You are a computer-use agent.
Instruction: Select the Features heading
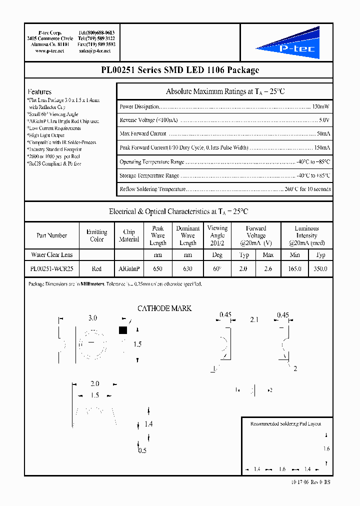39,92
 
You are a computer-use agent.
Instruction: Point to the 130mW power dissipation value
321,107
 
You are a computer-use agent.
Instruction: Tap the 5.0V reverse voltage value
324,120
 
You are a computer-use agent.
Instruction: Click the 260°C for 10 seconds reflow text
307,189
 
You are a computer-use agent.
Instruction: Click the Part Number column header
51,235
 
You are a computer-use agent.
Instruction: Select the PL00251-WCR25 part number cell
51,269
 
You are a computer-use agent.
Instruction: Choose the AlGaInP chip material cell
129,269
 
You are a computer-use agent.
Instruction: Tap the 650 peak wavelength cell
157,269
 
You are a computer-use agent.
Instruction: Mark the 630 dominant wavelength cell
187,269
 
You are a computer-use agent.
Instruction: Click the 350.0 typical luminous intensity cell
320,269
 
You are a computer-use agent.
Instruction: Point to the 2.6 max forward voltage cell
268,269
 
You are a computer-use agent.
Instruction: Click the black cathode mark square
122,330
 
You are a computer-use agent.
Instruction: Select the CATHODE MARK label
164,308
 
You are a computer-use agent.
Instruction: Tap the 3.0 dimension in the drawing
92,318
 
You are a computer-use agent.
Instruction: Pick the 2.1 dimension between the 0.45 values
254,319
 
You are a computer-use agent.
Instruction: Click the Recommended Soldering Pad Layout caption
285,423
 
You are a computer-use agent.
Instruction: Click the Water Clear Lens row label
51,255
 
